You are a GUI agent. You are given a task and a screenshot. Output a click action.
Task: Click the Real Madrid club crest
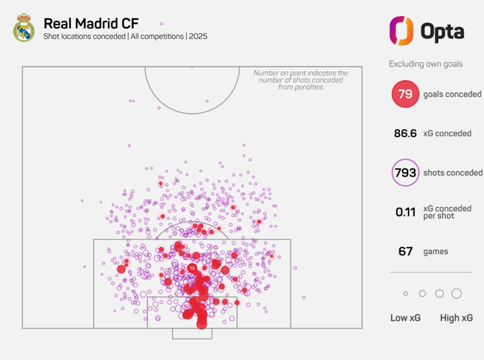click(24, 28)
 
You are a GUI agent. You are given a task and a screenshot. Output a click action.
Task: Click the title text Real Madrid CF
click(91, 22)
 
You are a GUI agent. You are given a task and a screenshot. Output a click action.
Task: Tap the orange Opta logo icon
click(401, 30)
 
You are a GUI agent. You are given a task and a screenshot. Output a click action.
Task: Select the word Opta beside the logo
click(442, 31)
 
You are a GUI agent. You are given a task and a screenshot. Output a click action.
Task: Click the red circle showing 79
click(405, 94)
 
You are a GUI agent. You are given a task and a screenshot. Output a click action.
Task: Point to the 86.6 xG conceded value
click(405, 134)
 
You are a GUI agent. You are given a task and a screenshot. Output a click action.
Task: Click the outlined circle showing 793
click(405, 173)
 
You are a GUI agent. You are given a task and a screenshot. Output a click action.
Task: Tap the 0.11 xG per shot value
click(405, 212)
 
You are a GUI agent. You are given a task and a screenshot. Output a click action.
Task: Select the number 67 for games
click(405, 251)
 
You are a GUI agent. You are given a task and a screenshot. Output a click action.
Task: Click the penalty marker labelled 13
click(192, 268)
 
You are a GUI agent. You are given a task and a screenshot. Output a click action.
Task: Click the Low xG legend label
click(405, 318)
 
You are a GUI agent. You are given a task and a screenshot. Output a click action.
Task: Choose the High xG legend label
click(456, 318)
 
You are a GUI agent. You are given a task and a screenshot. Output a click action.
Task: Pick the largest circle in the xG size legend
click(456, 294)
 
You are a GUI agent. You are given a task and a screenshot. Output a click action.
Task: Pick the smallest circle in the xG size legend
click(405, 294)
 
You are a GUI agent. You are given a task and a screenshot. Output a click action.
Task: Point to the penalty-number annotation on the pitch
click(300, 80)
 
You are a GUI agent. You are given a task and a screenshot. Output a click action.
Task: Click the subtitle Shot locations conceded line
click(125, 36)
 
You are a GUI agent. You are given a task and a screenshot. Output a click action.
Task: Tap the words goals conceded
click(452, 94)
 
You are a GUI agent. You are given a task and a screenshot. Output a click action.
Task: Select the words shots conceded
click(452, 173)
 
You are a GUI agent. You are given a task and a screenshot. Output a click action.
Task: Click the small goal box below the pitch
click(192, 333)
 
